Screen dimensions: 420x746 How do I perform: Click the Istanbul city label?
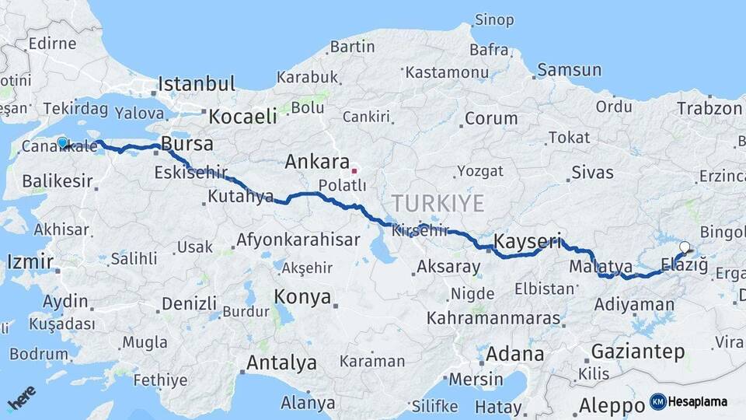[x=197, y=83]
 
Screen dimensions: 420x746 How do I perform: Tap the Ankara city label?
[x=316, y=162]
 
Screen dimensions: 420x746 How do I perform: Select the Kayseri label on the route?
[x=528, y=240]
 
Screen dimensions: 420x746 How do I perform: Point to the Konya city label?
[x=302, y=297]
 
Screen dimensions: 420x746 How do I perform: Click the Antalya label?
[x=281, y=363]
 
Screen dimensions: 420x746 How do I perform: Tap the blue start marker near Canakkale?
[x=62, y=142]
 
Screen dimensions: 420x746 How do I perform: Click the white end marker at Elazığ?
[x=684, y=248]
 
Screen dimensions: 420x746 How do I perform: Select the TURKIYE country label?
[x=437, y=204]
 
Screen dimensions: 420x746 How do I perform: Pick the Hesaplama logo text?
[x=697, y=402]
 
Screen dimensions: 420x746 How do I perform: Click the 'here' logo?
[x=22, y=398]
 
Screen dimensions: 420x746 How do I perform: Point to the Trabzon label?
[x=709, y=108]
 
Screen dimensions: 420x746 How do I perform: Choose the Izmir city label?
[x=30, y=261]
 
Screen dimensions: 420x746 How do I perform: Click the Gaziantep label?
[x=638, y=352]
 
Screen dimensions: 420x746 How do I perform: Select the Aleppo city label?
[x=612, y=405]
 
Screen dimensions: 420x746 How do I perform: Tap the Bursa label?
[x=186, y=145]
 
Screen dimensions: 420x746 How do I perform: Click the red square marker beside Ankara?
[x=354, y=170]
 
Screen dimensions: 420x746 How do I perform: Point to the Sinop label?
[x=494, y=19]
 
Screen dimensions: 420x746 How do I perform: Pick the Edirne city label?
[x=52, y=44]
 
